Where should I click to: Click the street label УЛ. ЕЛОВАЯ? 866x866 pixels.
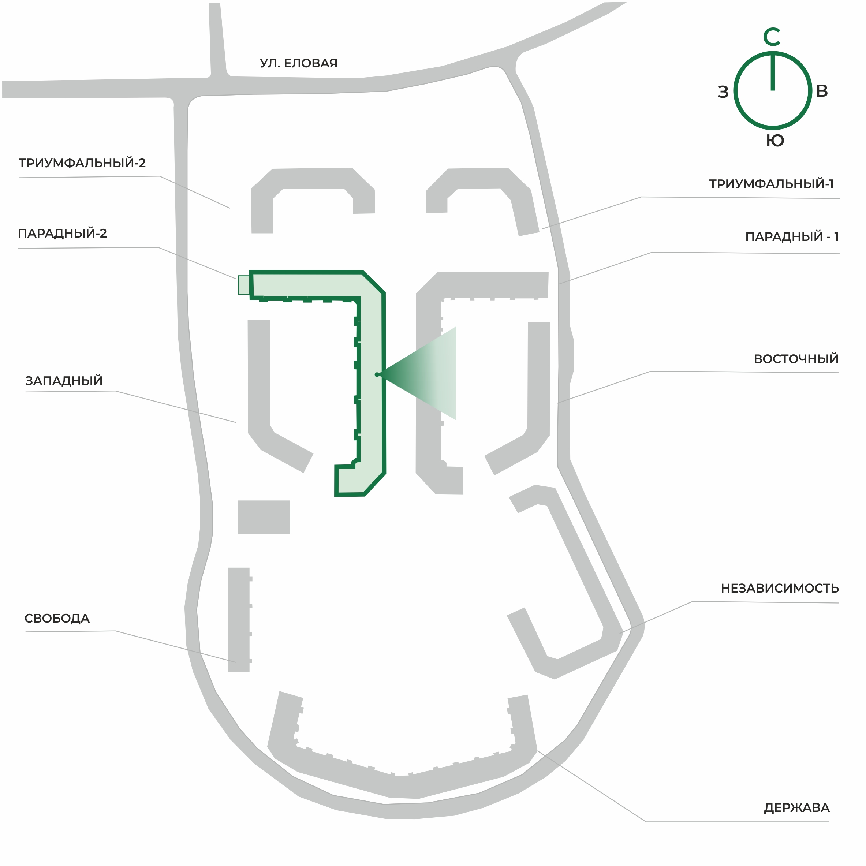(x=299, y=63)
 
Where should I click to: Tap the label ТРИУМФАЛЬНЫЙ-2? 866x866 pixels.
(x=82, y=163)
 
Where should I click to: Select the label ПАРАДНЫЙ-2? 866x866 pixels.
(x=62, y=233)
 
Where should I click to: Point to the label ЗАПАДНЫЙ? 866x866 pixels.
(x=64, y=381)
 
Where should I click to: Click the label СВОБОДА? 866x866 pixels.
(x=57, y=618)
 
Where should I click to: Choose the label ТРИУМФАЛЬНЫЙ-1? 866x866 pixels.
(x=771, y=184)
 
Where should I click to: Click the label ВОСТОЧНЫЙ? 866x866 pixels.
(x=796, y=359)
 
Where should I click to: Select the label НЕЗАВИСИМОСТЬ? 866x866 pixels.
(x=780, y=588)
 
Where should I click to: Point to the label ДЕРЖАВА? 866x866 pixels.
(x=796, y=808)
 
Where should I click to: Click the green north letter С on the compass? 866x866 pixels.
(x=772, y=37)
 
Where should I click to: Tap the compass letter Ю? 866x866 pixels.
(x=775, y=141)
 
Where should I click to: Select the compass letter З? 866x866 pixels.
(x=723, y=92)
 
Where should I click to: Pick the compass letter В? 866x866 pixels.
(x=822, y=91)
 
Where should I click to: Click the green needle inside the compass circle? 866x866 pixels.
(x=773, y=72)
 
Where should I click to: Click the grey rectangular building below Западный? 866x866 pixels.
(x=264, y=517)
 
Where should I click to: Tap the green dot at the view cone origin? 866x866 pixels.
(x=377, y=375)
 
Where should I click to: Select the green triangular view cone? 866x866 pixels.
(x=418, y=373)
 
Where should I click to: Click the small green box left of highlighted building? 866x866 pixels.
(x=244, y=285)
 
